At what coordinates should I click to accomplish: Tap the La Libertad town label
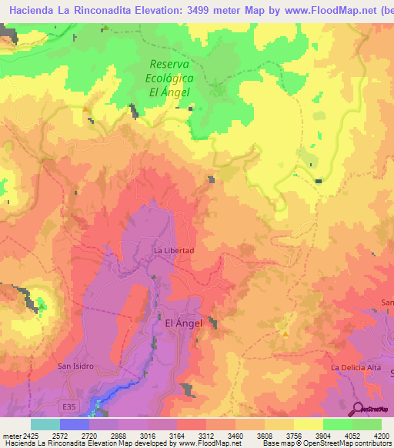point(173,251)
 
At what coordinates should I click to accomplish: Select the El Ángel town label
point(184,323)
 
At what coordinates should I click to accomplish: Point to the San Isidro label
point(76,366)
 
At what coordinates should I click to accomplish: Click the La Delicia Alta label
point(356,368)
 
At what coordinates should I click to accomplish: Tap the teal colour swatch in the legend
point(45,424)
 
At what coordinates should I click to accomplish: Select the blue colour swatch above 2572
point(74,424)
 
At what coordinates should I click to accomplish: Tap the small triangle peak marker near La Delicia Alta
point(285,334)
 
